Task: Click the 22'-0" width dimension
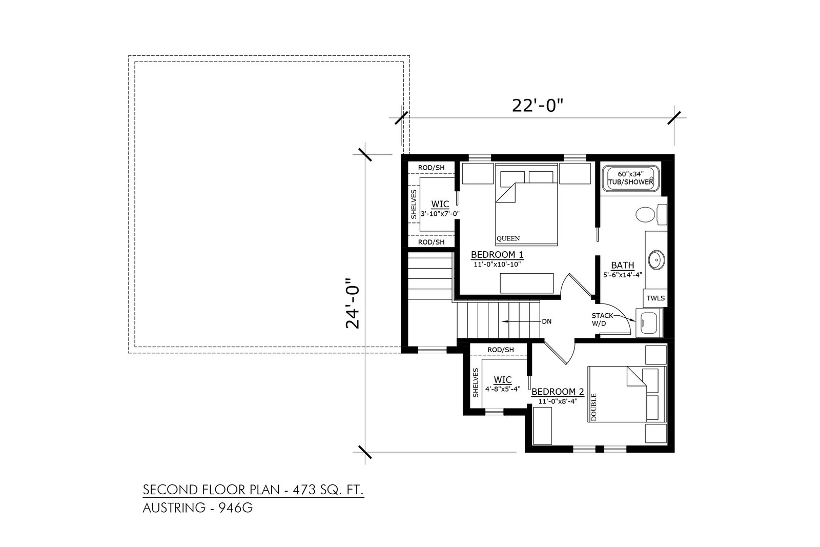pyautogui.click(x=537, y=106)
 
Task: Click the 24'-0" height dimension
pyautogui.click(x=353, y=303)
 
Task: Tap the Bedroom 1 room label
pyautogui.click(x=497, y=255)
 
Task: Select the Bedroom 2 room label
pyautogui.click(x=558, y=392)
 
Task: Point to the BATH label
pyautogui.click(x=622, y=265)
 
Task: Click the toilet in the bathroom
pyautogui.click(x=651, y=215)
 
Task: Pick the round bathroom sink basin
pyautogui.click(x=657, y=260)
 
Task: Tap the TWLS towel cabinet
pyautogui.click(x=655, y=298)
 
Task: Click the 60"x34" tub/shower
pyautogui.click(x=630, y=178)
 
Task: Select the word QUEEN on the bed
pyautogui.click(x=508, y=239)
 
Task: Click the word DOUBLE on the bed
pyautogui.click(x=594, y=407)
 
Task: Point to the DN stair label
pyautogui.click(x=546, y=321)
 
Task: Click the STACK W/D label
pyautogui.click(x=602, y=319)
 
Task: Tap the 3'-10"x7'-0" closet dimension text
pyautogui.click(x=440, y=214)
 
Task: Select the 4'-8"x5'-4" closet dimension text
pyautogui.click(x=503, y=389)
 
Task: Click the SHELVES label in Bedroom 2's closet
pyautogui.click(x=476, y=382)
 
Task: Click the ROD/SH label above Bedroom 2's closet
pyautogui.click(x=500, y=350)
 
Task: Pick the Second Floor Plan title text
pyautogui.click(x=253, y=490)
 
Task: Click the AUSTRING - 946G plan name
pyautogui.click(x=198, y=508)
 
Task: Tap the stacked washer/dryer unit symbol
pyautogui.click(x=649, y=323)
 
